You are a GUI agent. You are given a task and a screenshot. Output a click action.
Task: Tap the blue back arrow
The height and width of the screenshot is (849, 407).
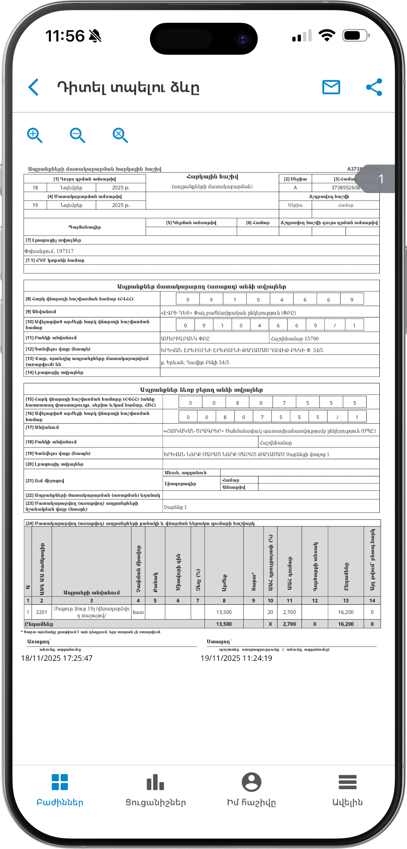34,87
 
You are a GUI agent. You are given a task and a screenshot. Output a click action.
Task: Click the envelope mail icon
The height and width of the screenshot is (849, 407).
331,87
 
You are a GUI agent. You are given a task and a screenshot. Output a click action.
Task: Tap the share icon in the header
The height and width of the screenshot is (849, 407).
374,87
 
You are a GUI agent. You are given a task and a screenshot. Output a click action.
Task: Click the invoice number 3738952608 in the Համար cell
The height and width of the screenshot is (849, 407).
345,187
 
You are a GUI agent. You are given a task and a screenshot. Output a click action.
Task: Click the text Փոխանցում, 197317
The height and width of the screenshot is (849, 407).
49,251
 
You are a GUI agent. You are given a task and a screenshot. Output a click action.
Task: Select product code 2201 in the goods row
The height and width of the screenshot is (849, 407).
42,612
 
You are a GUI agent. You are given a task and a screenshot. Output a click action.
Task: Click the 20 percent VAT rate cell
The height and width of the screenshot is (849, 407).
270,612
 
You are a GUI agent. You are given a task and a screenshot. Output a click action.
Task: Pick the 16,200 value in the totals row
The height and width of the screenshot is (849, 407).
346,624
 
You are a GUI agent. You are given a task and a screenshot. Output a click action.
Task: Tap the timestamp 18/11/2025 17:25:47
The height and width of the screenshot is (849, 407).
57,658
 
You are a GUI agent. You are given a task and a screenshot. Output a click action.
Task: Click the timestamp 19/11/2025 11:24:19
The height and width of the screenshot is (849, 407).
236,658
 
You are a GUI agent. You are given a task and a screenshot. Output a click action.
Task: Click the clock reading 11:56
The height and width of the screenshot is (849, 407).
65,36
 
